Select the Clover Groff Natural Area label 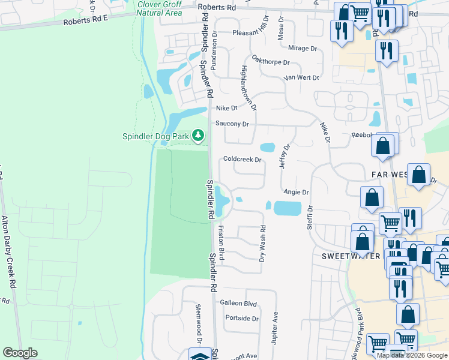click(x=159, y=8)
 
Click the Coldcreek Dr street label click(x=243, y=160)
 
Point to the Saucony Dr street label click(x=237, y=124)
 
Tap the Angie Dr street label click(x=296, y=192)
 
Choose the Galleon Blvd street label click(x=238, y=304)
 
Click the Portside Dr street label click(x=241, y=319)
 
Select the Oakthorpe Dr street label click(x=271, y=62)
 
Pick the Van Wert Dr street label click(x=301, y=77)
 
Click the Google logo click(x=20, y=353)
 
